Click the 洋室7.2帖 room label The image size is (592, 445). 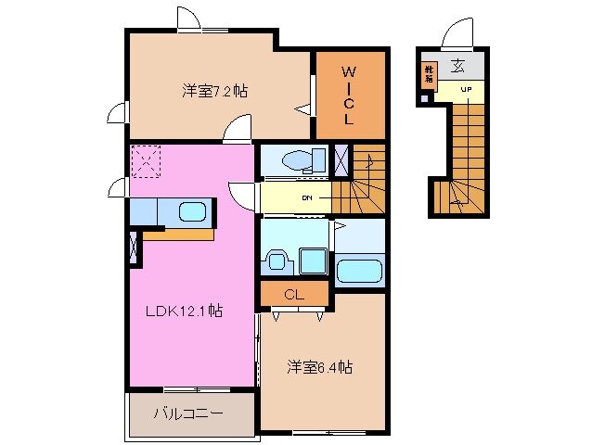pyautogui.click(x=213, y=91)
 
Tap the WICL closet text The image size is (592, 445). pyautogui.click(x=349, y=95)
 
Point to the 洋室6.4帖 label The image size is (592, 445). pyautogui.click(x=318, y=367)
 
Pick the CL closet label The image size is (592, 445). pyautogui.click(x=294, y=296)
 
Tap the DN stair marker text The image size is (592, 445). pyautogui.click(x=305, y=197)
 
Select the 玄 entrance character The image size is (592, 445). pyautogui.click(x=459, y=66)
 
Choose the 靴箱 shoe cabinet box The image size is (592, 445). pyautogui.click(x=430, y=74)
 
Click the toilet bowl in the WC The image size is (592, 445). pyautogui.click(x=298, y=160)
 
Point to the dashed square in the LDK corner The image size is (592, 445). pyautogui.click(x=146, y=161)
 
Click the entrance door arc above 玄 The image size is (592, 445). pyautogui.click(x=459, y=35)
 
